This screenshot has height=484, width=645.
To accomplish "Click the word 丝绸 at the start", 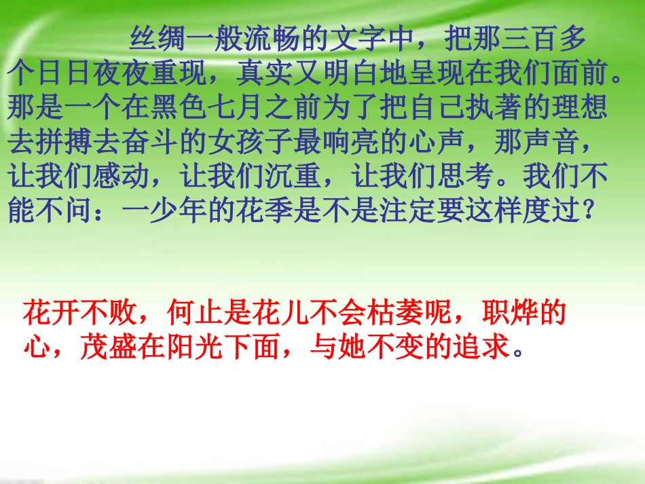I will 158,40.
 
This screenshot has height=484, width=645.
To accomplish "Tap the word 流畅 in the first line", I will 272,40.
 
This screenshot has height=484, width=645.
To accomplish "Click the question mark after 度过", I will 589,212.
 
